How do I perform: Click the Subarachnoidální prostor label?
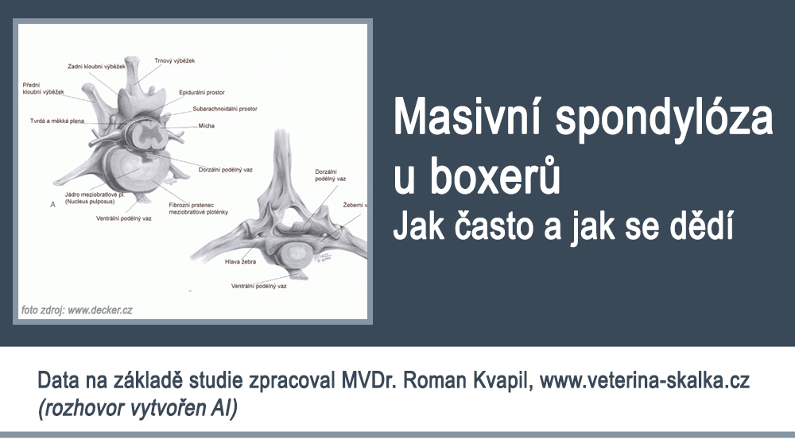[225, 108]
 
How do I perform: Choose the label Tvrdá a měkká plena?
[56, 121]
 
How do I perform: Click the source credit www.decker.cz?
[99, 310]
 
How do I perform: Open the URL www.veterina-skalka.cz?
[645, 381]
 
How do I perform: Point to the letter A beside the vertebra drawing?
[52, 204]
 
